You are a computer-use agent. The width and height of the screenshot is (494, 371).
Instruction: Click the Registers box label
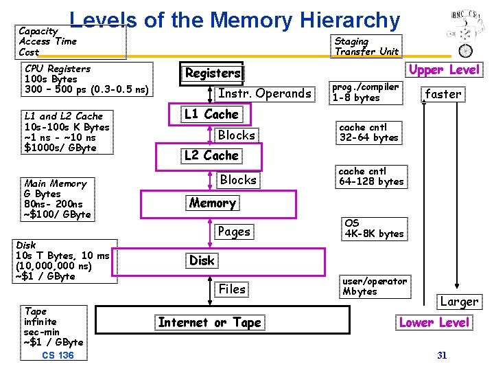[x=213, y=73]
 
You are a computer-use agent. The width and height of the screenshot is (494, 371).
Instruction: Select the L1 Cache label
[x=211, y=115]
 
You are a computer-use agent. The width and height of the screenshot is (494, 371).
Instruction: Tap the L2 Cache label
[x=211, y=155]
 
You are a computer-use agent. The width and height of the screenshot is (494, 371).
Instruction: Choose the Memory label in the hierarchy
[x=212, y=203]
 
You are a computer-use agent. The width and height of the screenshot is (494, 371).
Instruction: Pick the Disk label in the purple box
[x=202, y=260]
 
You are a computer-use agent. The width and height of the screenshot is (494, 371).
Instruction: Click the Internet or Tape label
[x=209, y=322]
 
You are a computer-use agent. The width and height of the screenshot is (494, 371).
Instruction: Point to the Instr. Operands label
[x=264, y=93]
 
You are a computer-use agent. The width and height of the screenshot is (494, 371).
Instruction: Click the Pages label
[x=234, y=232]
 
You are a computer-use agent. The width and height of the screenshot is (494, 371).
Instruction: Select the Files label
[x=232, y=289]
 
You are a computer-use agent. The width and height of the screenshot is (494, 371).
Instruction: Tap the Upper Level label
[x=445, y=69]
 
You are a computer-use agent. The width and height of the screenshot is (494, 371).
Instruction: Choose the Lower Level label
[x=434, y=322]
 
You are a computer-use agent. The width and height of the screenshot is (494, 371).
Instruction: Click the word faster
[x=443, y=94]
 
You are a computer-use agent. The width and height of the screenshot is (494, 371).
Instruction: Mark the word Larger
[x=459, y=302]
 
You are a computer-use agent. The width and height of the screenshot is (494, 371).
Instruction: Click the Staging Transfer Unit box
[x=366, y=46]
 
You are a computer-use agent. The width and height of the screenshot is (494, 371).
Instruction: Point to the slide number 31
[x=442, y=355]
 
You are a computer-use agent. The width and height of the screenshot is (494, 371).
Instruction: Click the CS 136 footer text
[x=58, y=355]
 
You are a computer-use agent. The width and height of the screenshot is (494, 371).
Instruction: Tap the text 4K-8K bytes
[x=374, y=234]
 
